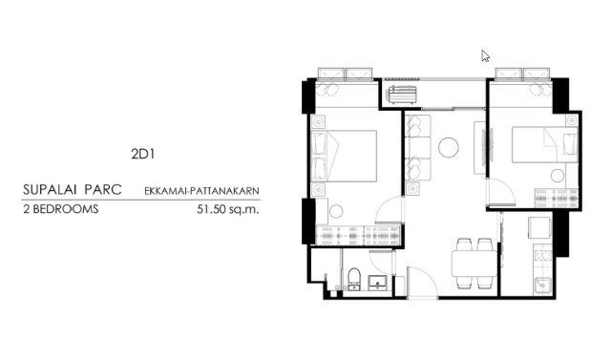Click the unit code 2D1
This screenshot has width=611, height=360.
click(143, 155)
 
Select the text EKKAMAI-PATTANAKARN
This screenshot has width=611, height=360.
click(201, 191)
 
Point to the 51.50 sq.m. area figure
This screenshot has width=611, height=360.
click(228, 209)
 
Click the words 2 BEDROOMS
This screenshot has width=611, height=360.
click(61, 209)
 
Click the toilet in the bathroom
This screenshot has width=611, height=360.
click(354, 279)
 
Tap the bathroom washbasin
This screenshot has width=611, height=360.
click(378, 282)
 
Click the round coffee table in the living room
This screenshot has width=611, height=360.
click(449, 148)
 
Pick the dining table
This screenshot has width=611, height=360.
click(474, 264)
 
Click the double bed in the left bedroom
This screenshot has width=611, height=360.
click(345, 156)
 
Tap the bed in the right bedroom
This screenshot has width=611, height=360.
click(545, 144)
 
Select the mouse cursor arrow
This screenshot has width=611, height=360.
click(485, 56)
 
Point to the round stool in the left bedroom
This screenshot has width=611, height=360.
click(336, 212)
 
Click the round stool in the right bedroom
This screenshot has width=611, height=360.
click(558, 176)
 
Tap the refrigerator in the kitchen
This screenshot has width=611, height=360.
click(539, 227)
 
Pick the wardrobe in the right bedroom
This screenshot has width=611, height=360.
click(557, 199)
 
